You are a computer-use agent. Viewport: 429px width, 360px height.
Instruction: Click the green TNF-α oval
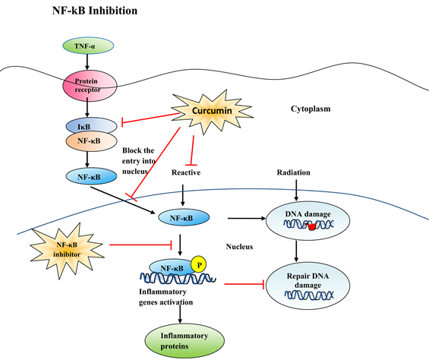88,46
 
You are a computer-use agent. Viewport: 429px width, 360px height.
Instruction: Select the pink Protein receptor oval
90,86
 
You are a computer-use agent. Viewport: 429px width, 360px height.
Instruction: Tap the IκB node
91,125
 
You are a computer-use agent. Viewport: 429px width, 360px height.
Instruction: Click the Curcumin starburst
212,111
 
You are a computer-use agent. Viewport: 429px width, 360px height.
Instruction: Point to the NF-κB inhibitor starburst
67,250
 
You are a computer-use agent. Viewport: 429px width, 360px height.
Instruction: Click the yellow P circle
199,264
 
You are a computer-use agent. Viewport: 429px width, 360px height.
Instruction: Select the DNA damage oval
308,221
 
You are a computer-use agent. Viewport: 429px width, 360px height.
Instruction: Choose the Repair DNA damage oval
308,286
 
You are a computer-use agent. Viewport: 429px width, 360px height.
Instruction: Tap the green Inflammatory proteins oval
185,341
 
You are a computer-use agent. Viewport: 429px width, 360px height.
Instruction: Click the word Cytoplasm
311,109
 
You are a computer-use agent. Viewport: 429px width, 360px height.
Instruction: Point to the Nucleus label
239,247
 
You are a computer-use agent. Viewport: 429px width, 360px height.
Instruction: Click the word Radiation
294,172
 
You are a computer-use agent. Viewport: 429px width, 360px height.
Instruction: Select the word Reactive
186,172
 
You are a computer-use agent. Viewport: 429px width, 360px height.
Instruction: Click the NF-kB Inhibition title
95,11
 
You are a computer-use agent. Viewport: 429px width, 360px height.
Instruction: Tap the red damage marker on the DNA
311,226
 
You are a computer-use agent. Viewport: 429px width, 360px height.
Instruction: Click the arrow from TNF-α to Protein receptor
87,62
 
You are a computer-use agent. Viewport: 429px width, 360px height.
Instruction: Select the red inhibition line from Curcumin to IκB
150,118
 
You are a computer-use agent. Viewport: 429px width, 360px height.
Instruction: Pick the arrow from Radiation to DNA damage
296,190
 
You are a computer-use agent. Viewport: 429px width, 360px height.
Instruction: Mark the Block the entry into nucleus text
139,161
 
